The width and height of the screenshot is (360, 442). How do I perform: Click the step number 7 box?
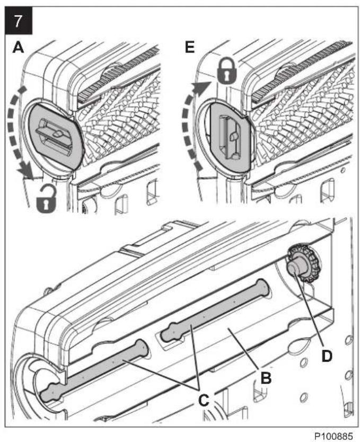[x=19, y=21]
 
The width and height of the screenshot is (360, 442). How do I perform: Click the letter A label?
[x=19, y=48]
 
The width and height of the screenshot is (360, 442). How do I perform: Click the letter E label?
[x=190, y=48]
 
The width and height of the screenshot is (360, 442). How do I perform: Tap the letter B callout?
[x=266, y=378]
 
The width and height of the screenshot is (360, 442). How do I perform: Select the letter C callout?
[x=204, y=400]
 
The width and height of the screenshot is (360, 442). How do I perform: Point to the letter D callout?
[x=327, y=356]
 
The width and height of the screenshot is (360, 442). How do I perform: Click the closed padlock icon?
[x=227, y=71]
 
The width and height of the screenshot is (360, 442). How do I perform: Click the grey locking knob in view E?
[x=231, y=138]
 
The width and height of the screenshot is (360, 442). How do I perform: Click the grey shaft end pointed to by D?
[x=296, y=267]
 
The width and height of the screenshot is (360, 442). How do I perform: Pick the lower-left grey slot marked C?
[x=94, y=370]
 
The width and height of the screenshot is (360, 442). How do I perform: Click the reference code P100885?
[x=333, y=436]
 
